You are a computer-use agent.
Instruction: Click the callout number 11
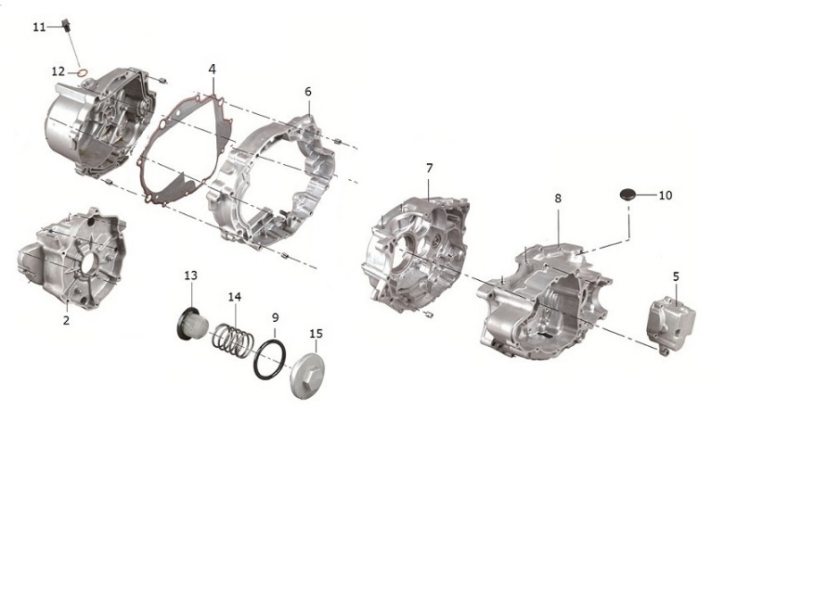pos(40,27)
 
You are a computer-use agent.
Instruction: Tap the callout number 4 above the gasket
pos(212,69)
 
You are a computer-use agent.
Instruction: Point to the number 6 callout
pos(308,92)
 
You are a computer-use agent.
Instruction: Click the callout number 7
pos(430,168)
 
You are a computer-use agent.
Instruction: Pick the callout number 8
pos(558,198)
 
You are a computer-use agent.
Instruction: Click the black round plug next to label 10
pos(627,195)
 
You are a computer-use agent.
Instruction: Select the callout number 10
pos(666,196)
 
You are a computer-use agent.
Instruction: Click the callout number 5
pos(676,276)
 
